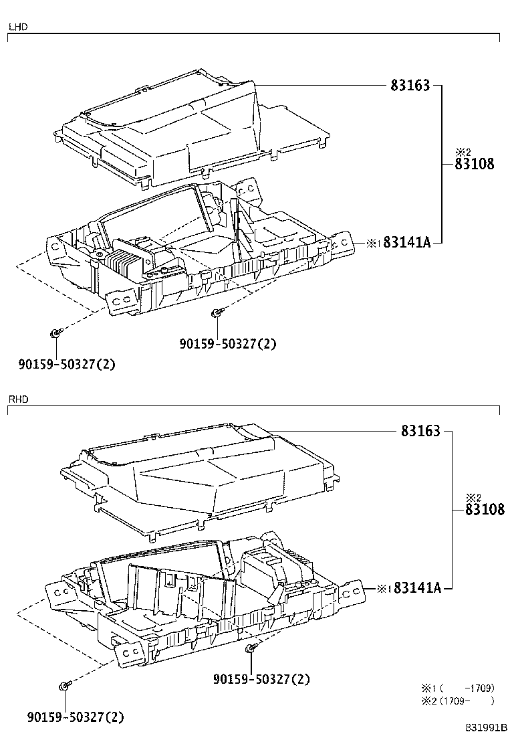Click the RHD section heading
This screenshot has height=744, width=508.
(x=18, y=399)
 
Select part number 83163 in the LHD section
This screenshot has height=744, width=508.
(x=411, y=86)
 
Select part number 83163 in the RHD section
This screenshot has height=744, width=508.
(x=420, y=432)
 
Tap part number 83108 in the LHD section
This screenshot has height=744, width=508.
(x=475, y=164)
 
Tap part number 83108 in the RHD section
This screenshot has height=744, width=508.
(x=485, y=509)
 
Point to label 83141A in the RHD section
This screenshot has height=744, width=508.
(x=418, y=588)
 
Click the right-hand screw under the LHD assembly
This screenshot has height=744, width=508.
(x=216, y=312)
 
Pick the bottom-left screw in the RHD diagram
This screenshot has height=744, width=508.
(x=64, y=686)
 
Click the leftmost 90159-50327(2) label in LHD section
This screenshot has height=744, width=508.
(x=67, y=364)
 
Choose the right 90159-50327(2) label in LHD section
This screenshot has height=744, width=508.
(x=227, y=344)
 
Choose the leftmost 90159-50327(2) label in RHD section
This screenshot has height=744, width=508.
(x=76, y=717)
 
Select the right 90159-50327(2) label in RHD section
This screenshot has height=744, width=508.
(x=261, y=679)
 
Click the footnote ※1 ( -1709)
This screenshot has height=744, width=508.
(x=457, y=688)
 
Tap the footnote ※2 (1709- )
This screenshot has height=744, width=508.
(x=457, y=701)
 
